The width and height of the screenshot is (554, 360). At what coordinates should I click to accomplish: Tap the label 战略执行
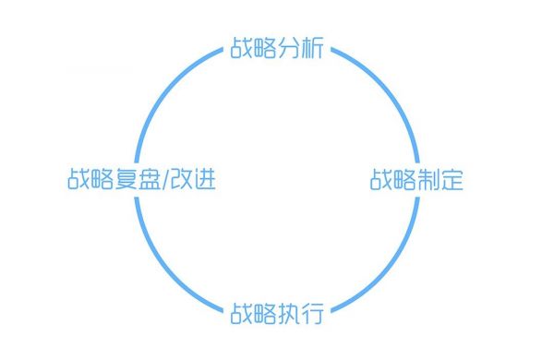pos(276,313)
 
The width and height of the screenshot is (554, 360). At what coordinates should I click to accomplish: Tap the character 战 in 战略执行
pos(241,313)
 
